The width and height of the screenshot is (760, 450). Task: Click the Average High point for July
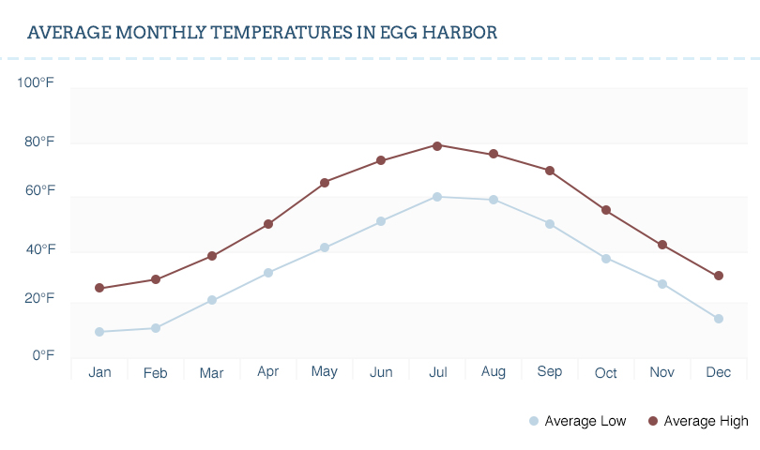click(437, 145)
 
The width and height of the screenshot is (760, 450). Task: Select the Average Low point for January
click(99, 332)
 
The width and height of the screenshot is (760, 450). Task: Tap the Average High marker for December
click(719, 276)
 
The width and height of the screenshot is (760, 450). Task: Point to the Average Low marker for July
click(437, 197)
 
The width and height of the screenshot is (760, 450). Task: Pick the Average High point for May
click(325, 183)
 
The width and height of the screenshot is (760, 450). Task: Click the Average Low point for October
click(606, 259)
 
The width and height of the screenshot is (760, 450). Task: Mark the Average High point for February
click(156, 279)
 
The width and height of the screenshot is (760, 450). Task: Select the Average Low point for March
click(212, 300)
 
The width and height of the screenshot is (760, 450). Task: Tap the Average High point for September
click(550, 171)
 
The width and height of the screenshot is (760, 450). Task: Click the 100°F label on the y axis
click(36, 83)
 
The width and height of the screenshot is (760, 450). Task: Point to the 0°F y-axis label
click(43, 355)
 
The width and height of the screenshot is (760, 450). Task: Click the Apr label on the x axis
click(268, 372)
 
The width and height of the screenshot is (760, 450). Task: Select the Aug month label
click(494, 372)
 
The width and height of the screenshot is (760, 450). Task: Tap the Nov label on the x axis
click(662, 372)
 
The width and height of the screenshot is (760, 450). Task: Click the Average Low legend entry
click(578, 421)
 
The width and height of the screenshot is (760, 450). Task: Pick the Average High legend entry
click(698, 421)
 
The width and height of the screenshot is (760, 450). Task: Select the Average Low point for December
click(719, 319)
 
